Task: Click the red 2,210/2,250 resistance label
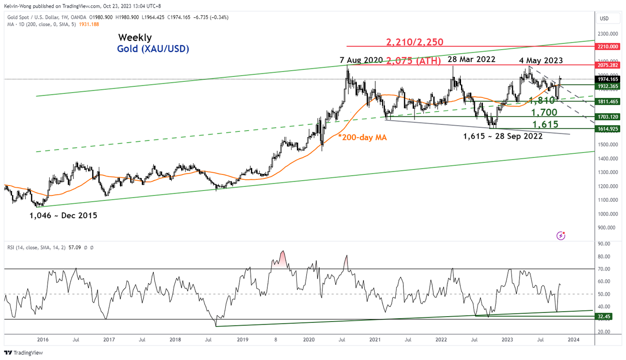coord(415,42)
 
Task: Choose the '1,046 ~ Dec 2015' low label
coord(63,216)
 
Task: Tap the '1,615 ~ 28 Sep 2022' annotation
coord(503,136)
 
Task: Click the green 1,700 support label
coord(543,112)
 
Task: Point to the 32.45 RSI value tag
coord(604,317)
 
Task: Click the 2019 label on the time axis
coord(242,340)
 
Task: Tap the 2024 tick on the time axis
coord(574,340)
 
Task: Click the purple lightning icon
coord(561,235)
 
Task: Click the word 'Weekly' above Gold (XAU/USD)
coord(135,38)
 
